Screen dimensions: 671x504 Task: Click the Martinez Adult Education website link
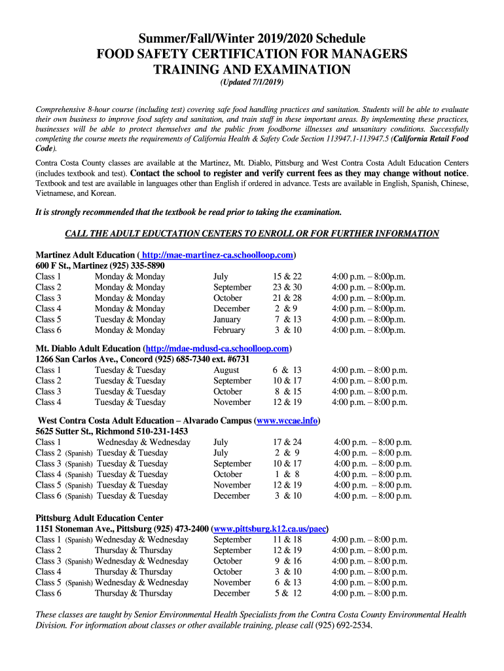tap(217, 255)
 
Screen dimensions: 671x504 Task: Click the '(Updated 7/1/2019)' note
tap(252, 84)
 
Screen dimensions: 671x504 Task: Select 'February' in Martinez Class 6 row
tap(229, 330)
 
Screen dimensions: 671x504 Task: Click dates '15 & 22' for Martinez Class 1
tap(287, 277)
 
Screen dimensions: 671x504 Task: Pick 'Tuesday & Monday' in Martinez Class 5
tap(130, 319)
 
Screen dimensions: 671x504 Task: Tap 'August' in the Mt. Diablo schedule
tap(226, 370)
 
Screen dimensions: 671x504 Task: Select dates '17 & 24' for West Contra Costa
tap(287, 442)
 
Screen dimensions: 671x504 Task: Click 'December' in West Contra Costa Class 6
tap(231, 496)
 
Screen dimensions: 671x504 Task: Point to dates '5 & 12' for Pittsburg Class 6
tap(287, 593)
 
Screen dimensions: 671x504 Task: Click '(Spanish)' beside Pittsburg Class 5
tap(79, 583)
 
